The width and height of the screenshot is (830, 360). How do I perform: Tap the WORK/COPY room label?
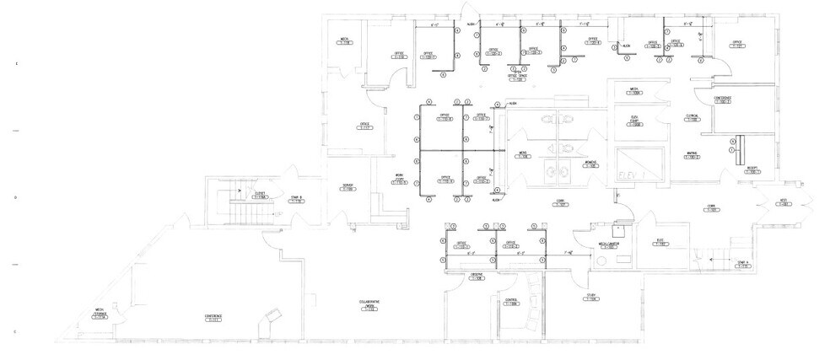400,178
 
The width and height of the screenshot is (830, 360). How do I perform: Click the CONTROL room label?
511,301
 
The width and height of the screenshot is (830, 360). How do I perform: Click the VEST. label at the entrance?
782,202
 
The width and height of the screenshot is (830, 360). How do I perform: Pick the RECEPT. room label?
750,169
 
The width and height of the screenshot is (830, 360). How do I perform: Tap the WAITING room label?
693,154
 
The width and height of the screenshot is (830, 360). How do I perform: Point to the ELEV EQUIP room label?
636,122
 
